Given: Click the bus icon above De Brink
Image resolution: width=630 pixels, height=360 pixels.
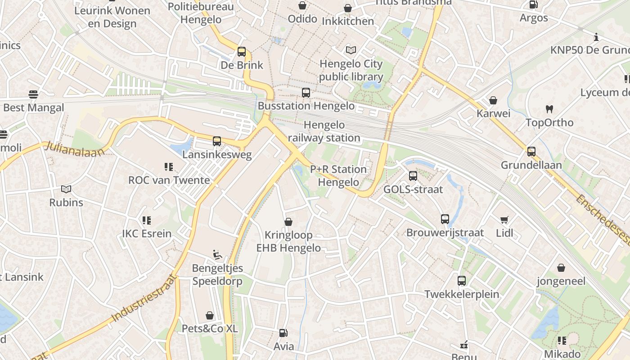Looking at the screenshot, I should [x=242, y=52].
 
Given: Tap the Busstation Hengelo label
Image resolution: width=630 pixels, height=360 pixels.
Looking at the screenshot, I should [x=306, y=106].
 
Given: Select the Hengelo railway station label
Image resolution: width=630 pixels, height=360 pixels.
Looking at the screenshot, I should [x=324, y=131].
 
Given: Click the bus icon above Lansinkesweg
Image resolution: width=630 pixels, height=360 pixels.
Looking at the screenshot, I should [x=217, y=141].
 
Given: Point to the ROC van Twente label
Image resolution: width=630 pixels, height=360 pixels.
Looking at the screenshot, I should [x=169, y=180].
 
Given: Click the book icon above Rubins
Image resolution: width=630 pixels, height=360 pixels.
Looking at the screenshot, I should [x=66, y=189].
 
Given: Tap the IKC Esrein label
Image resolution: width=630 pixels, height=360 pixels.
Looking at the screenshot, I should [x=147, y=234].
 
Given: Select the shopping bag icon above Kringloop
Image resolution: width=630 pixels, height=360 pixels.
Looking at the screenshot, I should [x=288, y=222].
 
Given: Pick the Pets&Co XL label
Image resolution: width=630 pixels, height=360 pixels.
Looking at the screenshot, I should [x=209, y=328].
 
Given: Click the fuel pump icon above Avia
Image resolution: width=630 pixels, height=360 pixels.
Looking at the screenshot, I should [x=283, y=333].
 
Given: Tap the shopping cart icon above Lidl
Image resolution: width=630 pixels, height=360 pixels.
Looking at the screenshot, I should [x=504, y=220].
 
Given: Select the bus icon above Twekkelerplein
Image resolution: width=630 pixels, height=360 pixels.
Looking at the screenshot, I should [x=462, y=281].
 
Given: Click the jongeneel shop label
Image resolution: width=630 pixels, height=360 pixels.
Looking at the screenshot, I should [x=561, y=281].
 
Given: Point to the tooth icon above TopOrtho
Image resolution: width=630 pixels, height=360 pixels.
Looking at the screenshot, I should [x=549, y=109].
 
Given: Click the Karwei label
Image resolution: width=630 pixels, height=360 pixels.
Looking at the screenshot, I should [x=493, y=113].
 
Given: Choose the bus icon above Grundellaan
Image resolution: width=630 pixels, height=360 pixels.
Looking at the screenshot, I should [x=531, y=152].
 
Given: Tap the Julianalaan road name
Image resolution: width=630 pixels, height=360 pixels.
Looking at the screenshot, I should [x=74, y=148].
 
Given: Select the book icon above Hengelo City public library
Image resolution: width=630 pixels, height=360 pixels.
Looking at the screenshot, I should [x=351, y=50].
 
